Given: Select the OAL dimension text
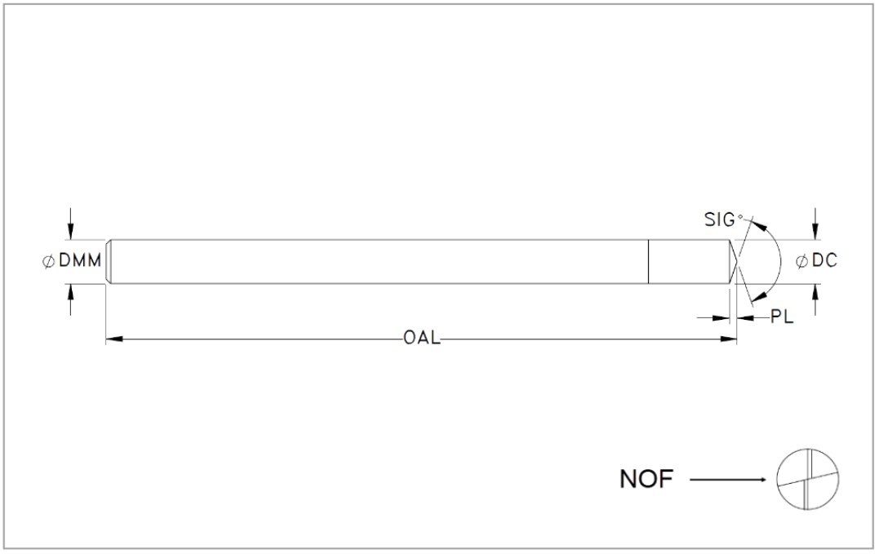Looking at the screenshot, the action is [x=422, y=339].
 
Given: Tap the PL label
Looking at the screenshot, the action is [x=782, y=317].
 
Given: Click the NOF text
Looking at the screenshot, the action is [x=646, y=479].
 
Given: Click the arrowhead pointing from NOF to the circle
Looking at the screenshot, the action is [x=761, y=480].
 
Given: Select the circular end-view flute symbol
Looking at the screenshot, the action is [x=808, y=479].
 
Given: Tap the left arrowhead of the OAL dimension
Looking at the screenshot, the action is [x=113, y=339].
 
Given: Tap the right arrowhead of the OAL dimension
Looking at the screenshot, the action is [x=728, y=339].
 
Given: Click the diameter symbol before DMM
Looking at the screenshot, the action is [x=49, y=261].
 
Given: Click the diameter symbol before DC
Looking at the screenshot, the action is [x=802, y=261].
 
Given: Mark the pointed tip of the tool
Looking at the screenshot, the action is [x=736, y=262].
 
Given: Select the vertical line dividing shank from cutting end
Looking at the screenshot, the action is [x=649, y=262].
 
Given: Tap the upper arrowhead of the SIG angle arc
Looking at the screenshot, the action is [x=758, y=225].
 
